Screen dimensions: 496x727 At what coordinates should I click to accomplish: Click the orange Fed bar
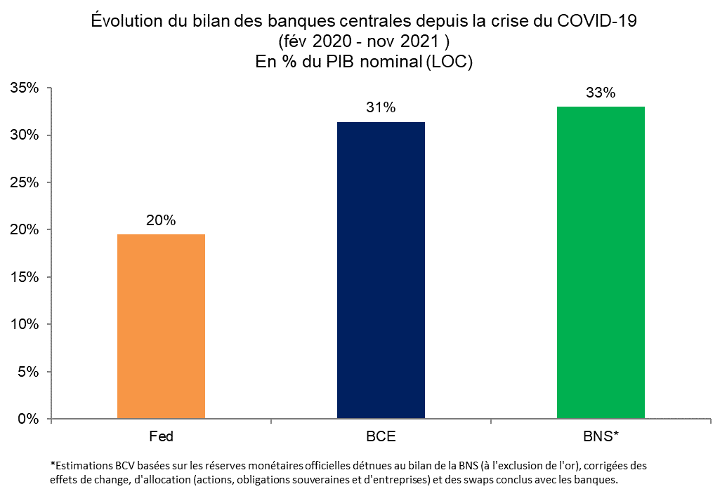tap(161, 326)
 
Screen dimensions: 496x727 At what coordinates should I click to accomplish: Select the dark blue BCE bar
tap(381, 270)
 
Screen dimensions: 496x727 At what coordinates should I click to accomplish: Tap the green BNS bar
tap(601, 262)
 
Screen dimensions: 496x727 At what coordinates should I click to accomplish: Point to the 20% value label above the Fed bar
tap(161, 220)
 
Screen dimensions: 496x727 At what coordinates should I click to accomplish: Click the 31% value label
tap(381, 108)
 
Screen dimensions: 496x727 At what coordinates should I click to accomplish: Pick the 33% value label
tap(601, 93)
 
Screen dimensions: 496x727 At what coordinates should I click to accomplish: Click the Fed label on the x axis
tap(161, 436)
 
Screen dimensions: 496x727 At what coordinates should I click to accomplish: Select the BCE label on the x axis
tap(381, 436)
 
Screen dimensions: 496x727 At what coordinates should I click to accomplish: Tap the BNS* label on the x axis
tap(601, 436)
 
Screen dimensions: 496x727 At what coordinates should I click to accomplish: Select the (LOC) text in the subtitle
tap(449, 61)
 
